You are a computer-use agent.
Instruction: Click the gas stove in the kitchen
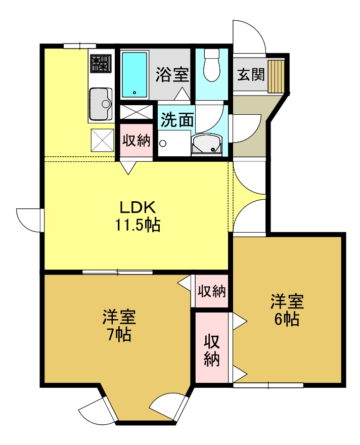pos(100,63)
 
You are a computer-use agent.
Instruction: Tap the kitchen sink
pos(101,104)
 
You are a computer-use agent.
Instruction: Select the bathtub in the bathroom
pos(134,74)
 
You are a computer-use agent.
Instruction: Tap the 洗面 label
pos(177,120)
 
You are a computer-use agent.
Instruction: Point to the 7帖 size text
pos(119,334)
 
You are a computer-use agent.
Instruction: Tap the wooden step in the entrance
pos(277,76)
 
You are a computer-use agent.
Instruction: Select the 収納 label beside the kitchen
pos(137,141)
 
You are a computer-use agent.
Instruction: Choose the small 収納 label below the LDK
pos(211,291)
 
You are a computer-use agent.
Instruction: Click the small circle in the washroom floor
pos(163,143)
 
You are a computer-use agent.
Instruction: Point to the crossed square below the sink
pos(103,140)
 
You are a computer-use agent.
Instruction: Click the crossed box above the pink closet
pos(136,111)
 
